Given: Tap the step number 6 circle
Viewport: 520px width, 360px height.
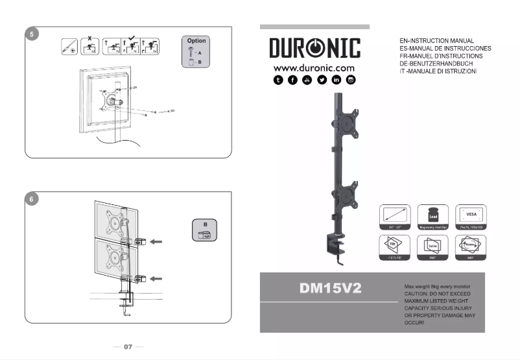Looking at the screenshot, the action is click(x=30, y=199).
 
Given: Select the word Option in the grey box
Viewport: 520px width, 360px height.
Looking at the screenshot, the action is click(x=196, y=41).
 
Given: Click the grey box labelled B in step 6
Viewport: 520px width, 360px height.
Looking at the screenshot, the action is click(x=205, y=232).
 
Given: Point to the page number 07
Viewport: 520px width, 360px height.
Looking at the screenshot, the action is click(x=128, y=347).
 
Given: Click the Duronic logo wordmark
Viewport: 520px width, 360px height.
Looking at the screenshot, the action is click(x=315, y=49).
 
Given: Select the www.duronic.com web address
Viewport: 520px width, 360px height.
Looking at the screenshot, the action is click(x=314, y=67).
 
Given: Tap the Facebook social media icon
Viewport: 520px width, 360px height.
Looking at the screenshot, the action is click(x=292, y=80).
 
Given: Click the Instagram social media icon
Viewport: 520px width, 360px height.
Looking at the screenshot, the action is click(x=351, y=80).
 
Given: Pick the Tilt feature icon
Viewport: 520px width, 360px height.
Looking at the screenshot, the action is click(x=394, y=247).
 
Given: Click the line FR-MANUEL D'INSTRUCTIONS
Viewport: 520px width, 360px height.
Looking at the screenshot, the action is click(x=442, y=56).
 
